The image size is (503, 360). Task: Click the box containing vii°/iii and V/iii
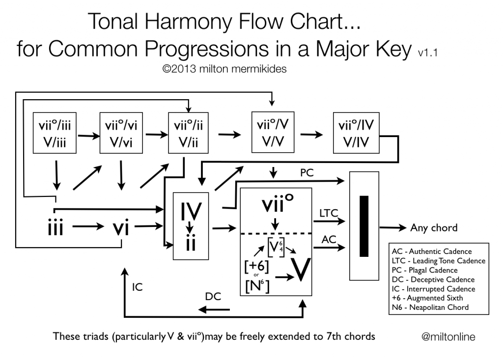click(56, 133)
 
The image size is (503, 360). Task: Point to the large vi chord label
click(120, 228)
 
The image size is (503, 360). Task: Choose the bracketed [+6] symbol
click(257, 265)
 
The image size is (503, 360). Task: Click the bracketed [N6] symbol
click(257, 284)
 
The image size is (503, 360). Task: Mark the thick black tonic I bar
click(363, 226)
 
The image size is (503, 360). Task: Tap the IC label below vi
click(138, 287)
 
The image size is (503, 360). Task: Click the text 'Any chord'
click(434, 228)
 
